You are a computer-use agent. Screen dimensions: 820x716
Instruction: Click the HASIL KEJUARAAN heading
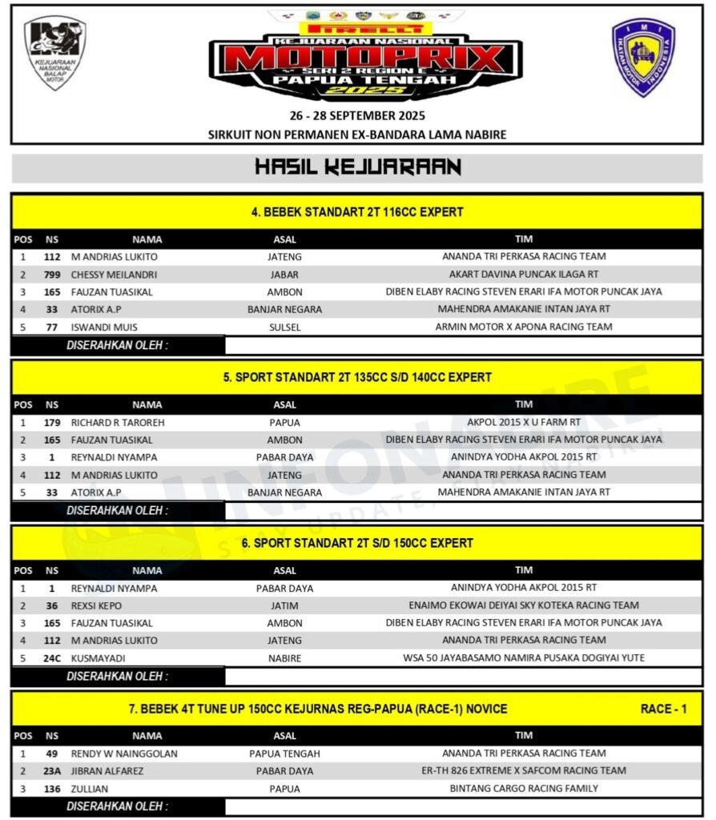(357, 167)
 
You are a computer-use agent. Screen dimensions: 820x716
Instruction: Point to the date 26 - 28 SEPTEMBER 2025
(357, 115)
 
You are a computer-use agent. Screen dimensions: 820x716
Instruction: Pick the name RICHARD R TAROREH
(118, 422)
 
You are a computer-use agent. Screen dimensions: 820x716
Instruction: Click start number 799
(52, 274)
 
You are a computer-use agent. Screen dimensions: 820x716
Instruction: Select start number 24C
(52, 658)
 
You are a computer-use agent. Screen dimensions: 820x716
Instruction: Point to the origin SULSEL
(284, 327)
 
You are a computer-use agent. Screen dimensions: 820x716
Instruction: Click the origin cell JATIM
(284, 605)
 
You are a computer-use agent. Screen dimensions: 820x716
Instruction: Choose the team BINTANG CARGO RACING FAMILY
(524, 788)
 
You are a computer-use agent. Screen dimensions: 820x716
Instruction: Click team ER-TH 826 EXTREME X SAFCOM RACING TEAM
(524, 770)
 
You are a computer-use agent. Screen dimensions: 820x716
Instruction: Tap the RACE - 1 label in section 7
(663, 709)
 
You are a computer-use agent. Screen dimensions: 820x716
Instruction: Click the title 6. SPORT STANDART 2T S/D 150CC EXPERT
(357, 543)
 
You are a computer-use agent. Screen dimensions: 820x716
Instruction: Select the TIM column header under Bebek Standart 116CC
(524, 239)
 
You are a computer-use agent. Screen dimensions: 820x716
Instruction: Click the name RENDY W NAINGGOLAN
(124, 754)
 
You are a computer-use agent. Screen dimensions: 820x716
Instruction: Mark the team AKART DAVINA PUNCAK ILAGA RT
(524, 274)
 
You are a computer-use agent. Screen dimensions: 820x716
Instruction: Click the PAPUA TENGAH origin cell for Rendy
(284, 754)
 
